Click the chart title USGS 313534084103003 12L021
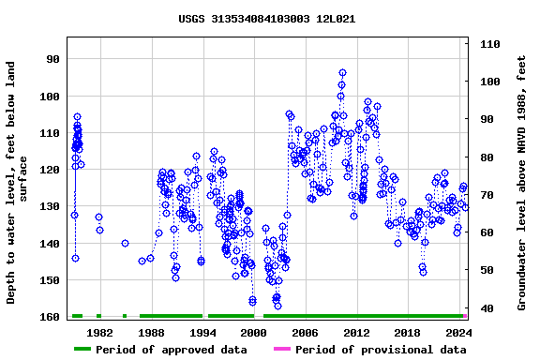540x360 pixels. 266,19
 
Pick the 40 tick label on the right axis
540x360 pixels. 487,308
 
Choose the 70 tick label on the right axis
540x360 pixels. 487,195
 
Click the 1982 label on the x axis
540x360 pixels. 99,333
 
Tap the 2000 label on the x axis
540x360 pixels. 253,333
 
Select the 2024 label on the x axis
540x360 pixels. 458,333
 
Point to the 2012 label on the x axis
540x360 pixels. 356,333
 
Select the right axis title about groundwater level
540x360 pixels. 522,183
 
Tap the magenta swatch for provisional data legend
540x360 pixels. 281,350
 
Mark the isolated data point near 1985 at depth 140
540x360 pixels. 125,243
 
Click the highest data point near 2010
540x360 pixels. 342,73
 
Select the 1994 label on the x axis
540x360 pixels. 202,333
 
